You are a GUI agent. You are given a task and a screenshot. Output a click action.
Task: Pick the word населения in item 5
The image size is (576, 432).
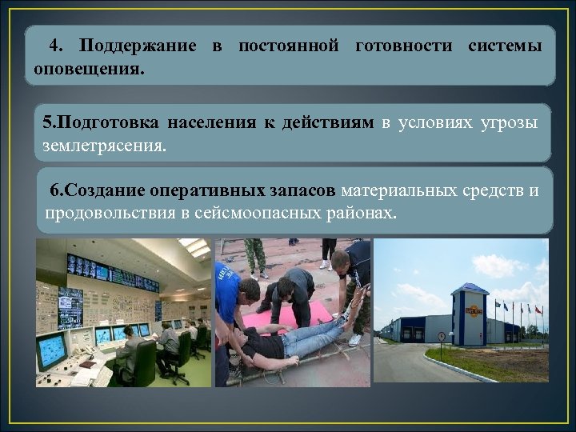(x=211, y=122)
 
